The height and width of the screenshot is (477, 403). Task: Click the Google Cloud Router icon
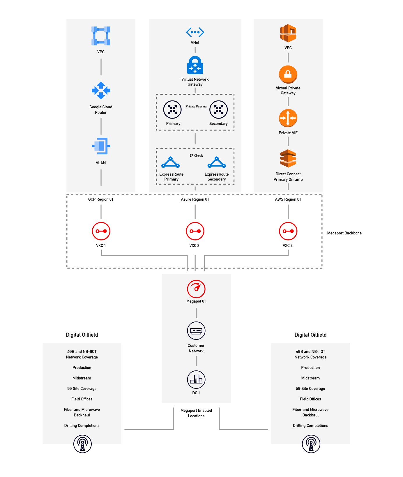[x=101, y=91]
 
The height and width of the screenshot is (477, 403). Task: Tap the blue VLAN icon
[x=101, y=146]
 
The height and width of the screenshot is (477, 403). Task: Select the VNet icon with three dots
[x=195, y=32]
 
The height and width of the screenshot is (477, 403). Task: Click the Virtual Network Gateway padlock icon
[x=195, y=66]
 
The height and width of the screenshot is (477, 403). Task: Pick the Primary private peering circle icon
[x=172, y=109]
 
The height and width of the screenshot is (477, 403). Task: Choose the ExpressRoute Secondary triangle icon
[x=217, y=162]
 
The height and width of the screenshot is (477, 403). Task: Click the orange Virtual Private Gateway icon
[x=288, y=75]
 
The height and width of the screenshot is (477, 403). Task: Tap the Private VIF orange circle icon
[x=288, y=118]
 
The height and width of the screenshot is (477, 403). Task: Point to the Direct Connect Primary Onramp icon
[x=288, y=159]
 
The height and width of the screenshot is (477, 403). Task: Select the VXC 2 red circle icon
[x=195, y=231]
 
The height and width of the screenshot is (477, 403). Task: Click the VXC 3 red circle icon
[x=288, y=231]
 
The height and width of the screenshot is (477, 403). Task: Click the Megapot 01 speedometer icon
[x=196, y=289]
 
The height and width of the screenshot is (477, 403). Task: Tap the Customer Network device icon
[x=196, y=331]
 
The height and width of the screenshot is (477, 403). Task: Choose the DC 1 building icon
[x=196, y=379]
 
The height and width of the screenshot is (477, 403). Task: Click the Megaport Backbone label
[x=344, y=233]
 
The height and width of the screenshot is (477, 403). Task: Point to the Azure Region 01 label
[x=195, y=199]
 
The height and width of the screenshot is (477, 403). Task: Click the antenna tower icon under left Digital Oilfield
[x=82, y=444]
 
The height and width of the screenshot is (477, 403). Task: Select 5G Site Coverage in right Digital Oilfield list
[x=310, y=388]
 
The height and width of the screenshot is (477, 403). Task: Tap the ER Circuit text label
[x=196, y=156]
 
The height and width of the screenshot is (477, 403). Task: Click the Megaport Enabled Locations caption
[x=196, y=413]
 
